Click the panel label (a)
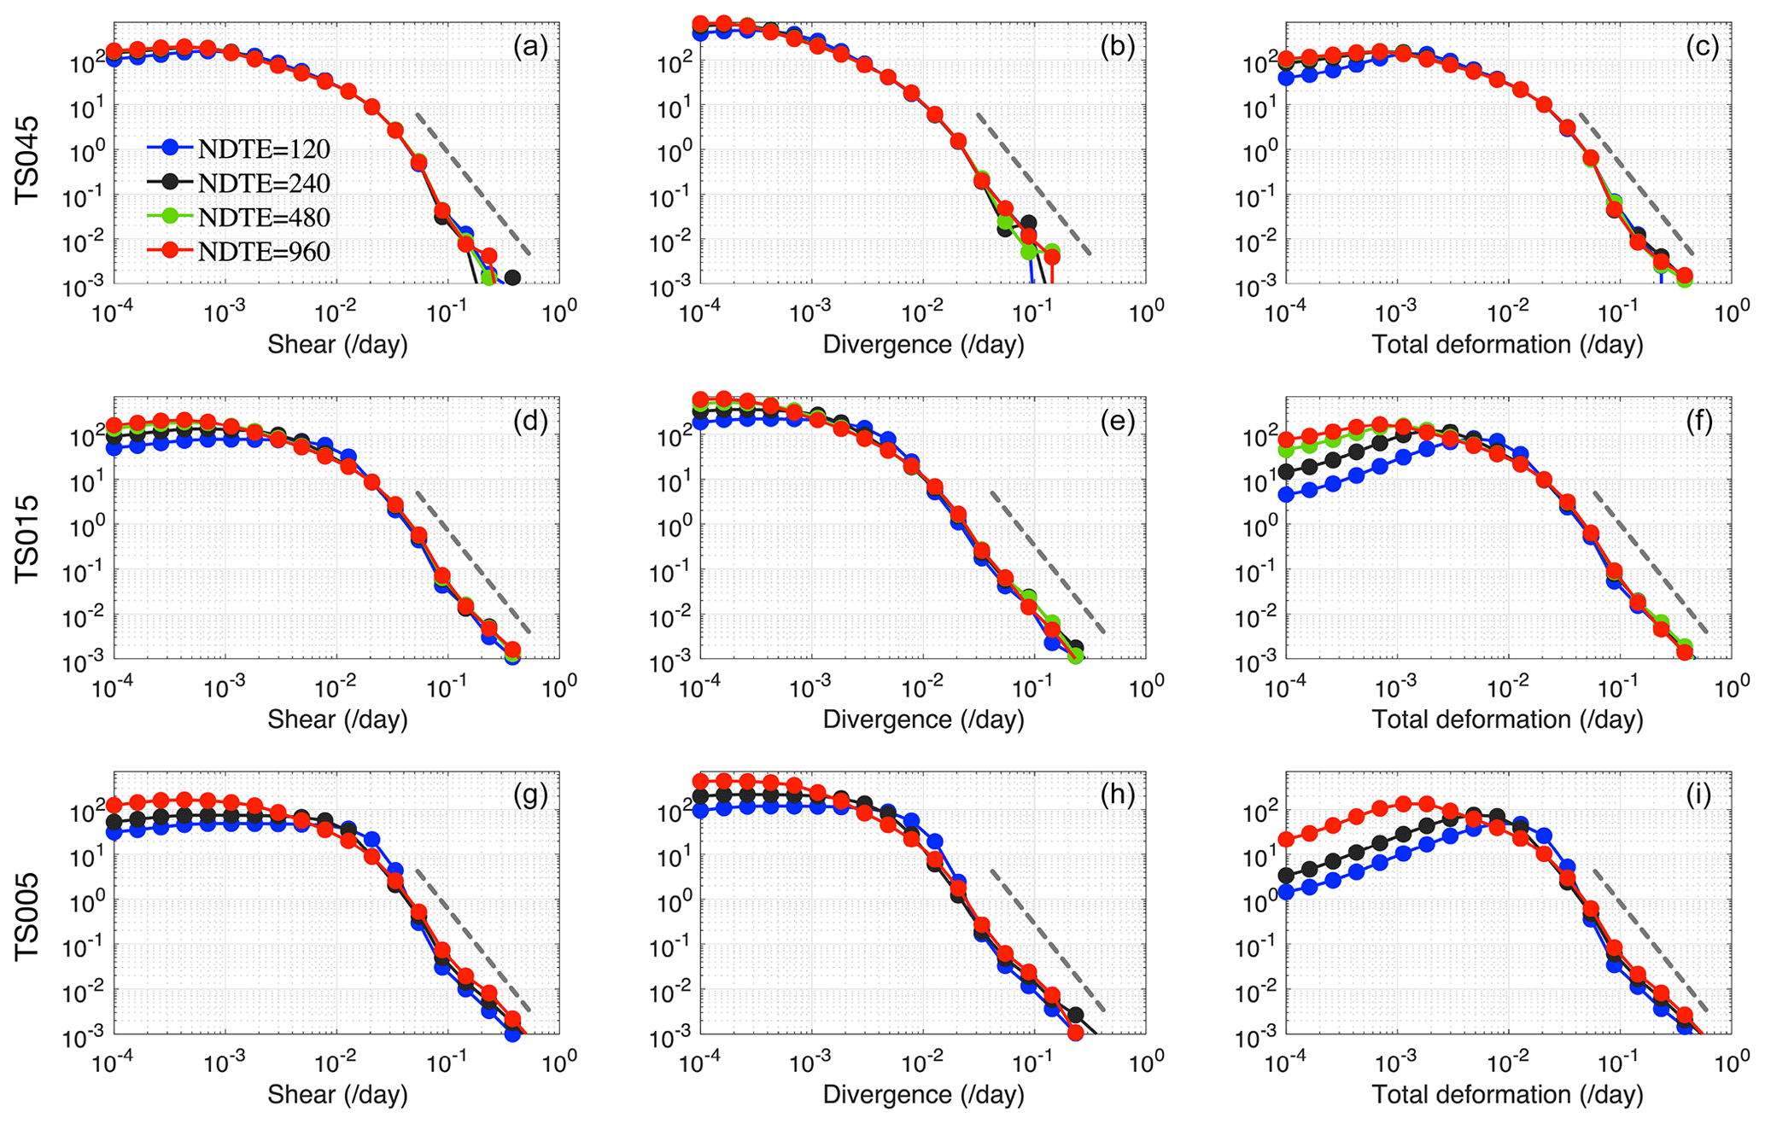click(530, 46)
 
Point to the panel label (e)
click(1117, 421)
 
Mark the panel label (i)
click(1703, 795)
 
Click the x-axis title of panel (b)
click(923, 345)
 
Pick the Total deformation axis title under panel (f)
click(1507, 719)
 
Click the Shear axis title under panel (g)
click(337, 1095)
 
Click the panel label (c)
click(1703, 46)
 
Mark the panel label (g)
click(530, 795)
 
